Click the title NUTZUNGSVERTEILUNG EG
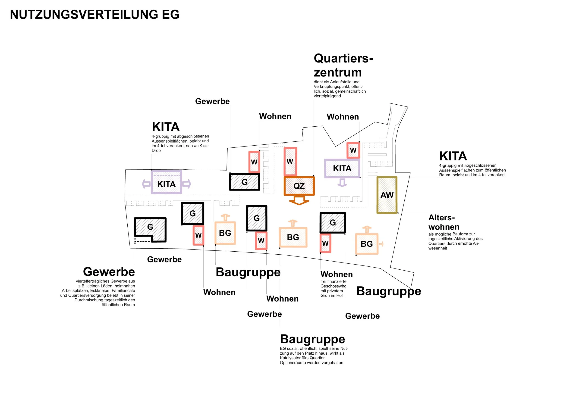[94, 14]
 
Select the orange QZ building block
[299, 186]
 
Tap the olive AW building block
[387, 195]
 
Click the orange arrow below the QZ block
[299, 201]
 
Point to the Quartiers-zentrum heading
[343, 65]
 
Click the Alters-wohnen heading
[444, 222]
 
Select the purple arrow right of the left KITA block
[187, 184]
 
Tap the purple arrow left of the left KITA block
[146, 184]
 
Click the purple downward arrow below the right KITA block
[342, 183]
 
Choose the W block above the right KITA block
[353, 150]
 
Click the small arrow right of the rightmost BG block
[381, 244]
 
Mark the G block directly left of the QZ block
[244, 182]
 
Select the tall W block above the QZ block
[290, 162]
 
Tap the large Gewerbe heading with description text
[109, 272]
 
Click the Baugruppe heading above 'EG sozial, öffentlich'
[312, 339]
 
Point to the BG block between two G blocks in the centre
[293, 237]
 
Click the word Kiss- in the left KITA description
[204, 146]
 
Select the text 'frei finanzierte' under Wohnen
[333, 281]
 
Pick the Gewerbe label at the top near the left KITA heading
[212, 101]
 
